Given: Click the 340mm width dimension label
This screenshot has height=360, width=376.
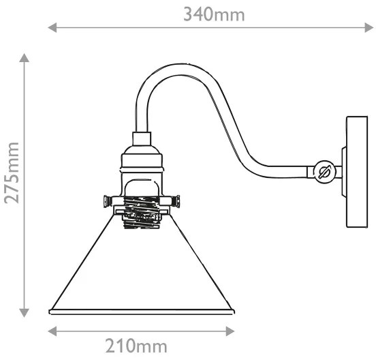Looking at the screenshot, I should point(213,14).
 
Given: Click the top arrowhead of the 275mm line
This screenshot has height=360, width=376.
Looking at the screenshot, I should point(25,57).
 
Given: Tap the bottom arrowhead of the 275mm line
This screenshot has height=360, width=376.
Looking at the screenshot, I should point(25,313).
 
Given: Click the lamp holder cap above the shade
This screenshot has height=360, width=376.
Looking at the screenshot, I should point(142,157).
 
